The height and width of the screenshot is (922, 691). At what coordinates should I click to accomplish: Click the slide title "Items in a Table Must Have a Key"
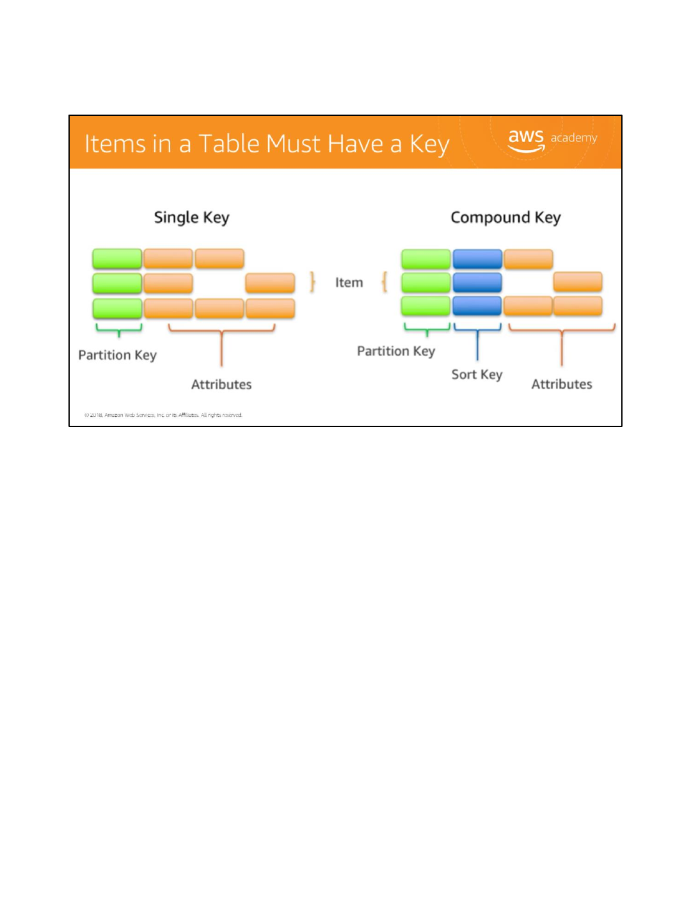[x=267, y=144]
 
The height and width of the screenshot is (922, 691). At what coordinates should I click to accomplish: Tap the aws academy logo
[x=552, y=140]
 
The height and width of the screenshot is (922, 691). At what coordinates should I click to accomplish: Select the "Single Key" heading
[x=191, y=218]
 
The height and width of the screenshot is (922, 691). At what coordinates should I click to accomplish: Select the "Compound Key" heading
[x=505, y=218]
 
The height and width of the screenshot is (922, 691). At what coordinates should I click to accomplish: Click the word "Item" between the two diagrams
[x=349, y=282]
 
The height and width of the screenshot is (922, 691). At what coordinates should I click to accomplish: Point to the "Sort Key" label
[x=477, y=375]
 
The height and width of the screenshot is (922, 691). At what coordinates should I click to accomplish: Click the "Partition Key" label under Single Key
[x=117, y=355]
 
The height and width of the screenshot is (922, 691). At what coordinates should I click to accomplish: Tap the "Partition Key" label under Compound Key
[x=395, y=352]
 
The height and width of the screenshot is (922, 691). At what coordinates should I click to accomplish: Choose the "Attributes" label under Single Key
[x=221, y=385]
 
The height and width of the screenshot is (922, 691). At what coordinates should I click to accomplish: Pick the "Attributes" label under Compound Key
[x=562, y=384]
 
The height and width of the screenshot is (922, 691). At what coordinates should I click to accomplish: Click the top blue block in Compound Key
[x=477, y=259]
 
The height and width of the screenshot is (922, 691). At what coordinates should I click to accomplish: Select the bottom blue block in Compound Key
[x=477, y=306]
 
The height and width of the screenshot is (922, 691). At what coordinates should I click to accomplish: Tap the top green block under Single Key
[x=117, y=259]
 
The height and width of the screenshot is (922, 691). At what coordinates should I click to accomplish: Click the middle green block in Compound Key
[x=426, y=282]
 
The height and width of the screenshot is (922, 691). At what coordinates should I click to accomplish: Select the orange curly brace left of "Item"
[x=313, y=282]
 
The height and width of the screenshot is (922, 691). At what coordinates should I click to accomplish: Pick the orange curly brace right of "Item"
[x=384, y=282]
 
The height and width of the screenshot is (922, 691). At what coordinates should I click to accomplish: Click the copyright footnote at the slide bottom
[x=163, y=415]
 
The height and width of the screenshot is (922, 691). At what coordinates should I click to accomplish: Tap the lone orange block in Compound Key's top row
[x=528, y=259]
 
